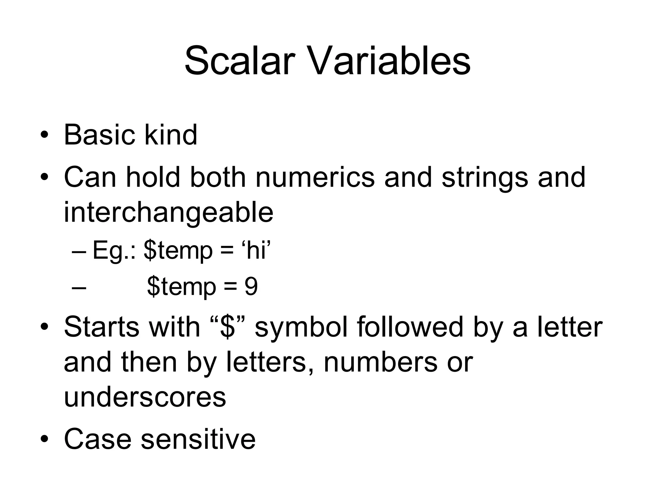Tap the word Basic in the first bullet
(99, 135)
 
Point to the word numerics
(315, 177)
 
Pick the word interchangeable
(169, 213)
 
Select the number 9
(251, 287)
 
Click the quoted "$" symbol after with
(228, 327)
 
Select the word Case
(98, 439)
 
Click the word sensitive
(198, 439)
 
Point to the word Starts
(102, 327)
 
